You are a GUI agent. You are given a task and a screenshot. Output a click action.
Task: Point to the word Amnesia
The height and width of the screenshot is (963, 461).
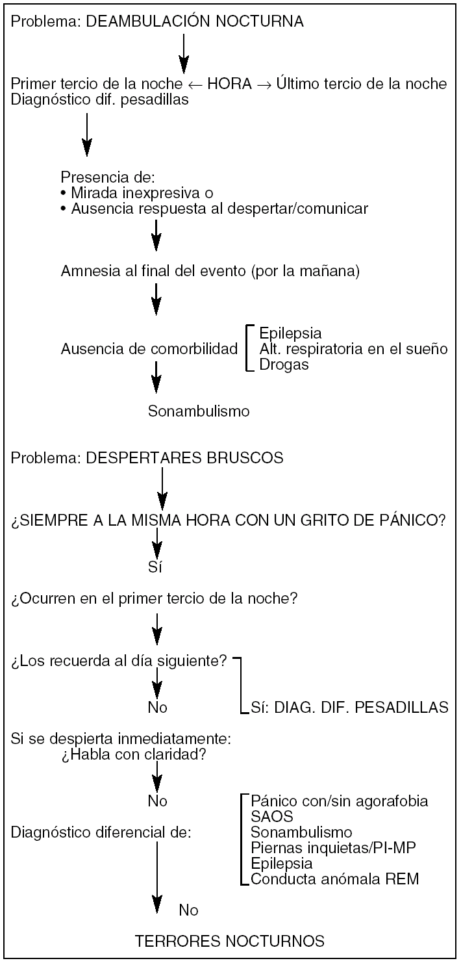[x=86, y=272]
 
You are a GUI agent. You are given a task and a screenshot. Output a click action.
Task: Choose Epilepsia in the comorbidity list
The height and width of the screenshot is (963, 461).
[x=290, y=333]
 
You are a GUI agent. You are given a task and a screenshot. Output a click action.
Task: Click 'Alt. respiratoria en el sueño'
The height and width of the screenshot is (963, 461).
[x=353, y=349]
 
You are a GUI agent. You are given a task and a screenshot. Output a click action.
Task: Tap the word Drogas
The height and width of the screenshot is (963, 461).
[x=284, y=365]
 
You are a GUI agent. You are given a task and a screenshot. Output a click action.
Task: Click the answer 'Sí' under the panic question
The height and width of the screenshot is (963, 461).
[x=155, y=567]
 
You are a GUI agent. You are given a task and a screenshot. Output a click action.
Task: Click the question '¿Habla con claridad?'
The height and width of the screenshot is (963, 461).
[x=135, y=756]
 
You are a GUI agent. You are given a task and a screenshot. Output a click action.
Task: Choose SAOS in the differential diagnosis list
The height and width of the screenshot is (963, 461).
[x=267, y=816]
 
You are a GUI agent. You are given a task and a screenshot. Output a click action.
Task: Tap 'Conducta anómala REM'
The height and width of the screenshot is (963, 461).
[x=334, y=880]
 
